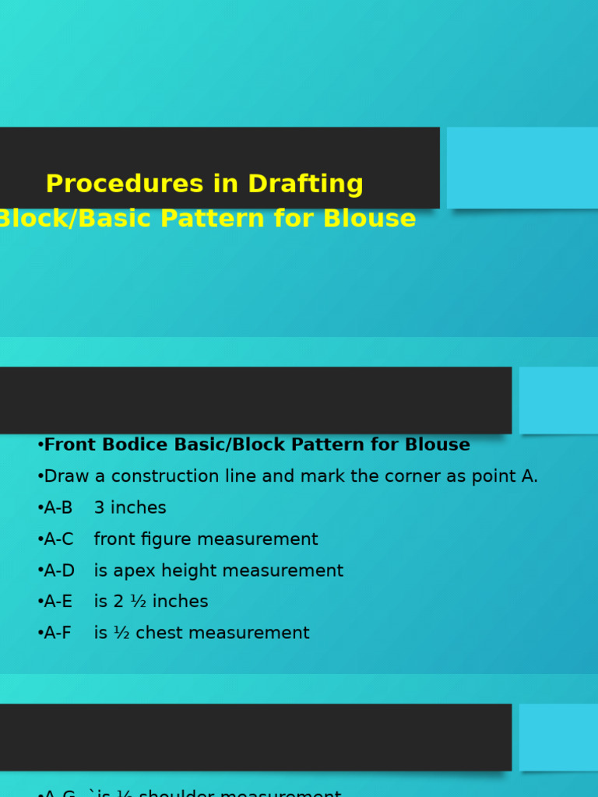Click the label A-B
[x=58, y=508]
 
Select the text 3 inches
[x=130, y=508]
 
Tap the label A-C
[x=58, y=539]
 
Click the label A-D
[x=59, y=571]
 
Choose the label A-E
[x=58, y=602]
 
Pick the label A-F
[x=58, y=634]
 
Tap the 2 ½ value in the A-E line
[x=129, y=602]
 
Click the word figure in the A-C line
[x=158, y=539]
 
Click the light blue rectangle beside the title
[x=522, y=167]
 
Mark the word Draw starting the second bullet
[x=66, y=477]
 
